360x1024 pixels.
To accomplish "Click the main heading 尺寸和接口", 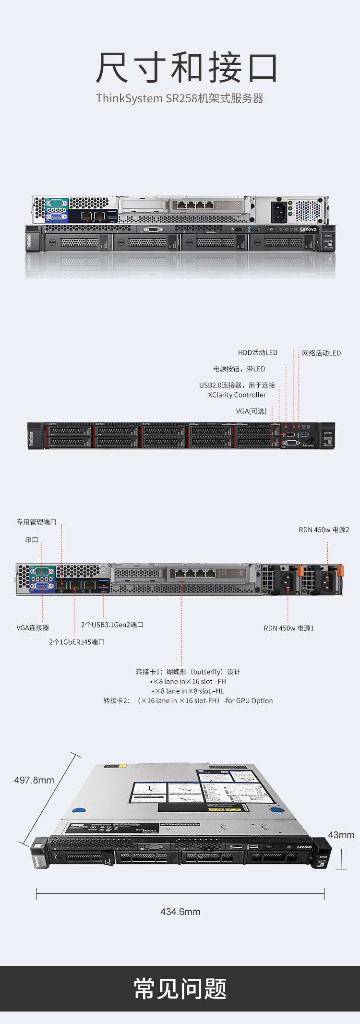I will tap(187, 68).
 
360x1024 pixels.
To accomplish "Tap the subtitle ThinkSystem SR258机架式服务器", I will tap(180, 98).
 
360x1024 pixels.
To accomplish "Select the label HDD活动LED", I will tap(257, 353).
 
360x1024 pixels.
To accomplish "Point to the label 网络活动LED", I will tap(321, 353).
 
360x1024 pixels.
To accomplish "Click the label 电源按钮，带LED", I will tap(239, 369).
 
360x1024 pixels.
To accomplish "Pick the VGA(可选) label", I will tap(251, 411).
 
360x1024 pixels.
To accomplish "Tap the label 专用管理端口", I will tap(36, 522).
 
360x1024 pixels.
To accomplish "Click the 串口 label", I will tap(32, 540).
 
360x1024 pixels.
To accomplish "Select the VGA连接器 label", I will tap(33, 628).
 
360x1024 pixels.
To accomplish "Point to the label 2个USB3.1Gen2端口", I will tap(112, 625).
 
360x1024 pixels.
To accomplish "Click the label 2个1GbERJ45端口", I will tap(77, 642).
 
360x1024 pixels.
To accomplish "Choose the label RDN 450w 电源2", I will tap(324, 530).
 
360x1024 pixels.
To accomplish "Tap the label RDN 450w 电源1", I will tap(288, 628).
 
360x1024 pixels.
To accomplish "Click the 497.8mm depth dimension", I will tap(34, 781).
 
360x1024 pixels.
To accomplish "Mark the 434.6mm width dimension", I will tap(180, 912).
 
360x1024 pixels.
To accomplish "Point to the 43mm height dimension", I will tap(341, 835).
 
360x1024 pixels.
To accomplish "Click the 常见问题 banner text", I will tap(180, 989).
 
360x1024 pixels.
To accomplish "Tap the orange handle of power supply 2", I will tap(340, 571).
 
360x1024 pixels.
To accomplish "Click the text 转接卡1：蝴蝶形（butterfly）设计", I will tap(188, 672).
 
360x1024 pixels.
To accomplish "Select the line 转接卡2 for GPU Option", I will tap(188, 701).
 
